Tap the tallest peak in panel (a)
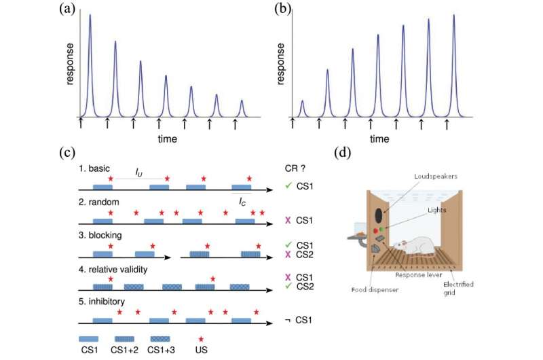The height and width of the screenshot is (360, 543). click(x=90, y=16)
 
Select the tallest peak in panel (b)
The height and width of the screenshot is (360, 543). click(x=453, y=16)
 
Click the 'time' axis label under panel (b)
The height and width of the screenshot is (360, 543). click(x=379, y=139)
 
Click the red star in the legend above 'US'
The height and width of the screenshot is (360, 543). click(x=199, y=338)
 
